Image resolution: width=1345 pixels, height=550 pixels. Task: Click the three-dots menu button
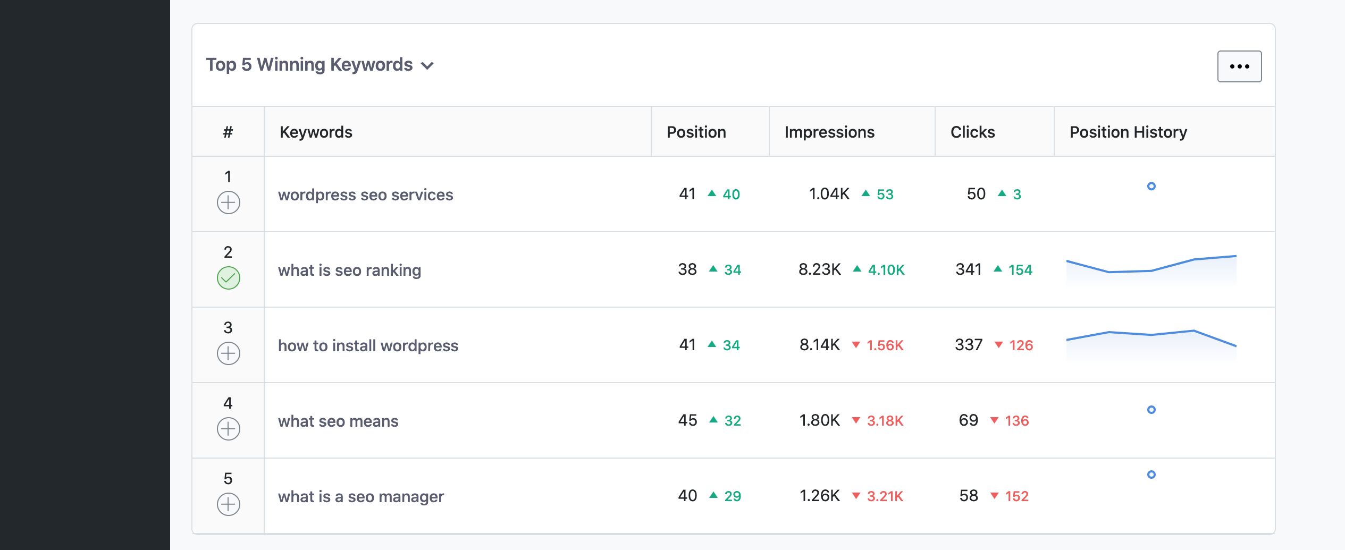1239,66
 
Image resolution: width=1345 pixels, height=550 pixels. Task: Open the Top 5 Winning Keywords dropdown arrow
427,66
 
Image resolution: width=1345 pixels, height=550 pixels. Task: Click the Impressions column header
829,132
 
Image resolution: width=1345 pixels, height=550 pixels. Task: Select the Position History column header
1128,132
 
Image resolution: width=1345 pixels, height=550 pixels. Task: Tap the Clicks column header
972,132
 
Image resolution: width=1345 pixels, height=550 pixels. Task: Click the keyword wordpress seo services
365,194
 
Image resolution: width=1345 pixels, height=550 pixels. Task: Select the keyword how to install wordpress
368,345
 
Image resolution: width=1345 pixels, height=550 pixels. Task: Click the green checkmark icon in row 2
229,278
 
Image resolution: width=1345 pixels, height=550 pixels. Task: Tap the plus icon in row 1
229,202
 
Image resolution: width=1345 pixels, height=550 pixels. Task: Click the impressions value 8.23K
820,269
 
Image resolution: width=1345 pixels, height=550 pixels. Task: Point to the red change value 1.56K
885,345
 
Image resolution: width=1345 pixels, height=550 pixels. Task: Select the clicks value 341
969,269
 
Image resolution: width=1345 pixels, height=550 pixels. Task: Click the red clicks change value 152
1016,496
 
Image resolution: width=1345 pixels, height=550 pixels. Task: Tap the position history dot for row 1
1151,186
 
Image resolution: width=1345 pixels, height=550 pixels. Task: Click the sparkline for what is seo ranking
1151,268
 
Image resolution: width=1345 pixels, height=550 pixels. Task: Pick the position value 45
687,420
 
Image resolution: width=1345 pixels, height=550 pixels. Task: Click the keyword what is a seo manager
360,496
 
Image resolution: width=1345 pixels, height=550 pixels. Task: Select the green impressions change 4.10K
886,270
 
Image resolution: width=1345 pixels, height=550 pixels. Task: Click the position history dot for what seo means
1151,410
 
